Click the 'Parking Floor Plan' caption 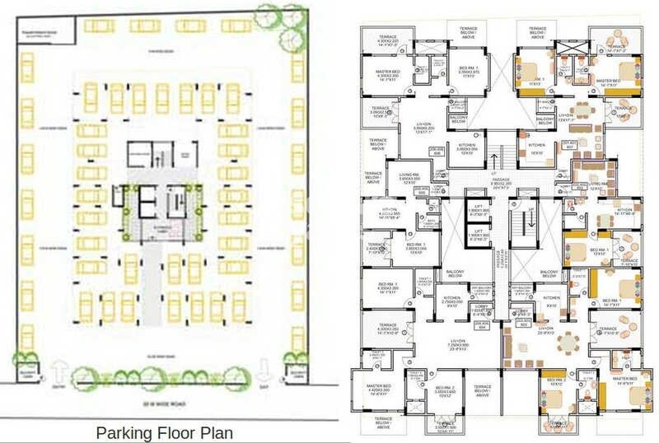pos(165,431)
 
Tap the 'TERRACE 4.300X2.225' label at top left pos(386,42)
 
